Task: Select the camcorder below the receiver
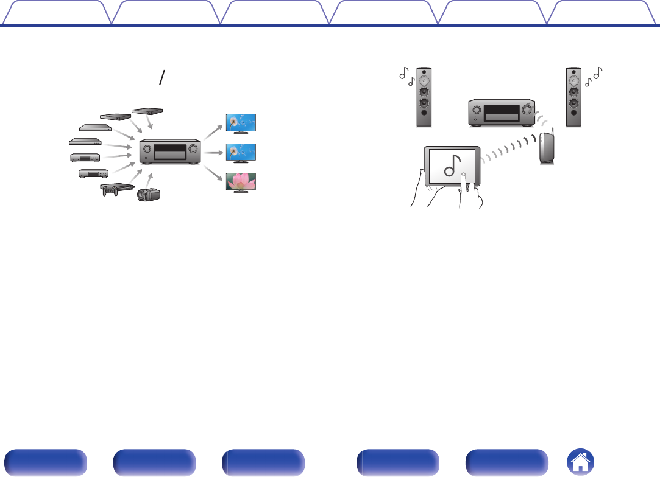click(x=147, y=195)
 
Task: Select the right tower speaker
click(x=573, y=96)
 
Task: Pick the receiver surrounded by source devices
click(x=171, y=151)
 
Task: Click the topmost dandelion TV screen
click(x=241, y=123)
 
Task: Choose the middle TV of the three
click(x=241, y=153)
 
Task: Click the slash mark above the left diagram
click(x=161, y=77)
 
